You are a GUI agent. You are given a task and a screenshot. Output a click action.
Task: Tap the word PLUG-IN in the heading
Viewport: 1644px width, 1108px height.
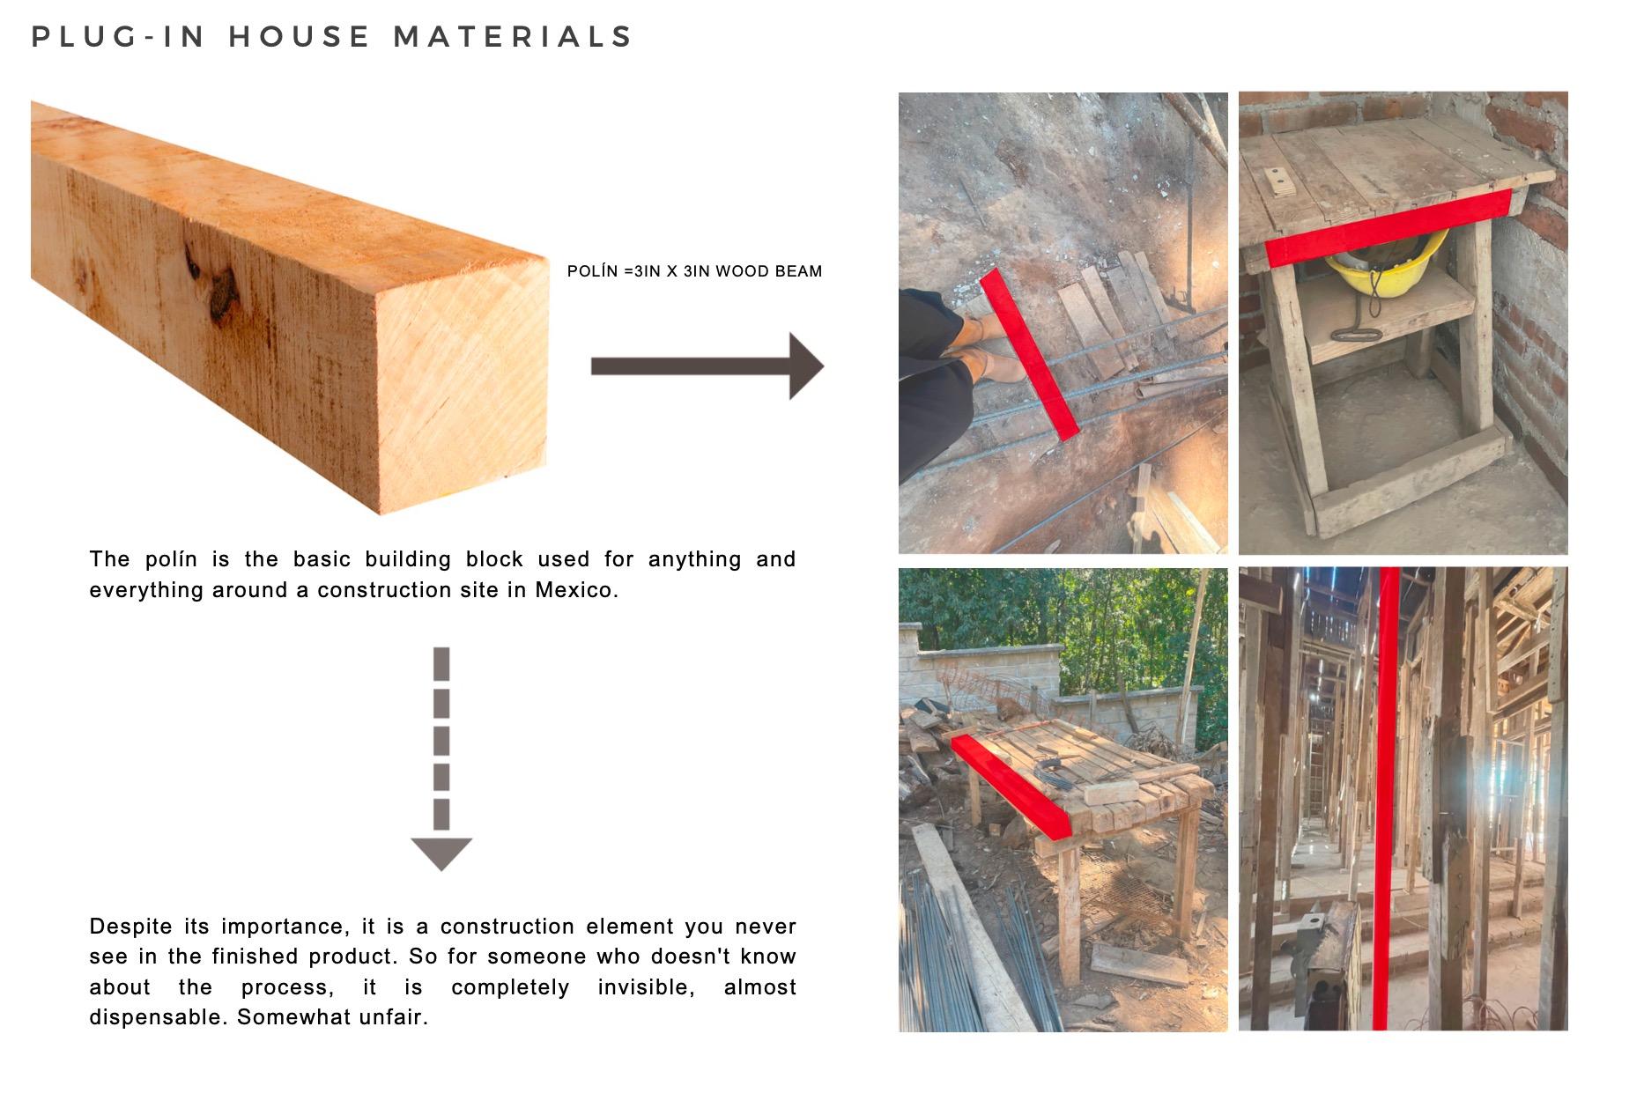[119, 37]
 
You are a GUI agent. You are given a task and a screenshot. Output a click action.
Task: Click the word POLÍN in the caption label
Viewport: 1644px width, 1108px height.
[592, 271]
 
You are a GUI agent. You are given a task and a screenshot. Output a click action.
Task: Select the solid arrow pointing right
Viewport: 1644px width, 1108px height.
[707, 366]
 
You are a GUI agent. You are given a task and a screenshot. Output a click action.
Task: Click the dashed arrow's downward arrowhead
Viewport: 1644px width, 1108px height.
[441, 853]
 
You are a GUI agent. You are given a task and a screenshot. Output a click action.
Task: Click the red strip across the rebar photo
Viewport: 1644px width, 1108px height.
[1029, 354]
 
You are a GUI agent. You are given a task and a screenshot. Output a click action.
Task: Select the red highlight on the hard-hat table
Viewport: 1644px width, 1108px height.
[1389, 227]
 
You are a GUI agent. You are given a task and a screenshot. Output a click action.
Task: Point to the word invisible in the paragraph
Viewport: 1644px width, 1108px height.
[647, 987]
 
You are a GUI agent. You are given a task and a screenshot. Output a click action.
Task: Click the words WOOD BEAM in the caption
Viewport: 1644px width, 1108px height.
[768, 271]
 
